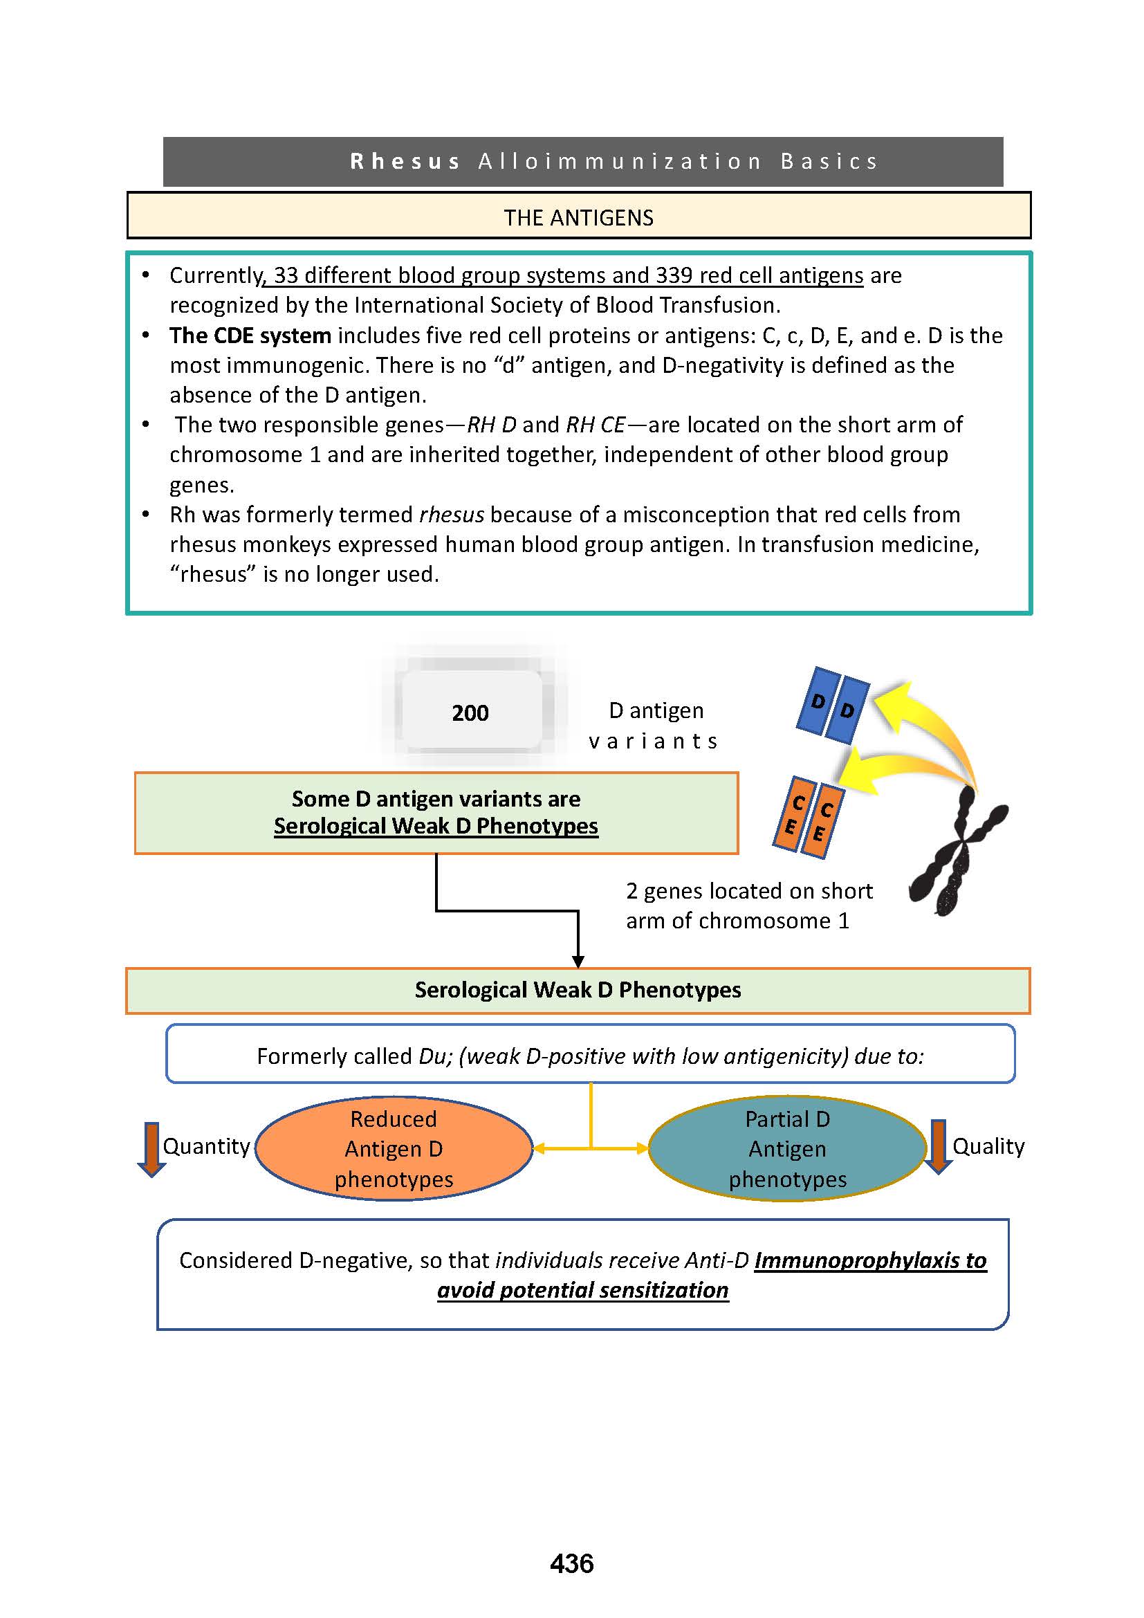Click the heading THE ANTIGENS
pos(578,218)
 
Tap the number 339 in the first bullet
pos(674,275)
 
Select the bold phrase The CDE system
pos(250,335)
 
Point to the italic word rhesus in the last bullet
pos(452,515)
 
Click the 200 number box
pos(470,713)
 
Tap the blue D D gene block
pos(833,705)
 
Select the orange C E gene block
pos(808,817)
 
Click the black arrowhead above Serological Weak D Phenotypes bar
pos(578,962)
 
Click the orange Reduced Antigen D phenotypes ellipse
pos(394,1149)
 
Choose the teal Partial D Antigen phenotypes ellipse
pos(787,1149)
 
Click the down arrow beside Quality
pos(938,1147)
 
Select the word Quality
pos(988,1146)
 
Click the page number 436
pos(572,1564)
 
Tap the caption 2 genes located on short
pos(749,892)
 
